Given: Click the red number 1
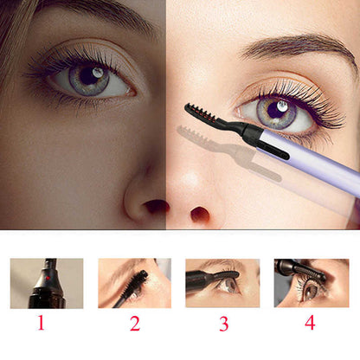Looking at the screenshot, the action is point(42,323).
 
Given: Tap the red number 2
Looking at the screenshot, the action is point(135,324).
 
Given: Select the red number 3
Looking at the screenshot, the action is point(224,324).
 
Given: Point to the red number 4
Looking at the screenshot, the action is point(310,323).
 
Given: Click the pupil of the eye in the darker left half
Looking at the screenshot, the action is point(89,75).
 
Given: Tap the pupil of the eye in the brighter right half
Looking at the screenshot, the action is point(276,110).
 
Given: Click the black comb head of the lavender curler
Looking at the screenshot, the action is point(201,115).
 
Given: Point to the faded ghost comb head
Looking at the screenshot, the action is point(194,136).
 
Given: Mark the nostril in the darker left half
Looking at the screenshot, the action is point(156,206).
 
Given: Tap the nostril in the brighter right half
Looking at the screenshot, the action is point(200,214).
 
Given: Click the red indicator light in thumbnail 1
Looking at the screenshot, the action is point(48,278).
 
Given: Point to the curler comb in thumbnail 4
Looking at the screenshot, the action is point(313,273).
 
